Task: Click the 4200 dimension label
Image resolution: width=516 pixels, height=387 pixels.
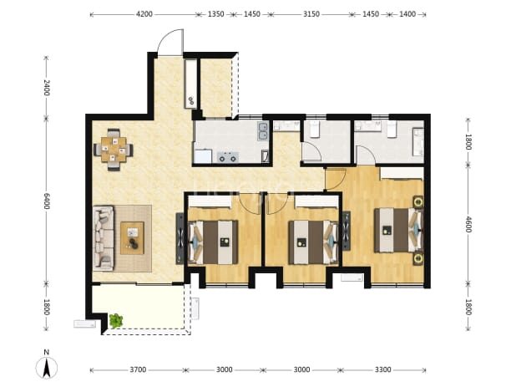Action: [144, 14]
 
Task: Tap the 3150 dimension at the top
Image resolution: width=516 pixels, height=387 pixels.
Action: [311, 14]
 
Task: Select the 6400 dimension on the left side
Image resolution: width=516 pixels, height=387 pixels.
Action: [47, 201]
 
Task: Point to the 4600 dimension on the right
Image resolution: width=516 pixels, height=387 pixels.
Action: [468, 224]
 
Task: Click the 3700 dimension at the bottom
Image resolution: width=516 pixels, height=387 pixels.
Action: [138, 369]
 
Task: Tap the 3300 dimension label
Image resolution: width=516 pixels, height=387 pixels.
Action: [382, 369]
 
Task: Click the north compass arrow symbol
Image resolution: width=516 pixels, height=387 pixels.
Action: [47, 367]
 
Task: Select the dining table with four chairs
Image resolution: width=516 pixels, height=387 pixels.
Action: [114, 150]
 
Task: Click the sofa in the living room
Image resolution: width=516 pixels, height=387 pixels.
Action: [104, 238]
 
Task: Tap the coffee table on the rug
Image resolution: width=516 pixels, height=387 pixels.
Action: [132, 238]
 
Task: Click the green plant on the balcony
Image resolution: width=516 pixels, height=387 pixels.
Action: [116, 321]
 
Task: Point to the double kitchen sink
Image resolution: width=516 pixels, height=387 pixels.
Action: [263, 131]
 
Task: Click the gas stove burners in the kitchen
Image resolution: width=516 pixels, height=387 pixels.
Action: [228, 157]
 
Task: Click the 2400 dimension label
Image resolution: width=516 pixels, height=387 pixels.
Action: [47, 88]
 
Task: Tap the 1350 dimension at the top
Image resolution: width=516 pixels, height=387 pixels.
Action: [216, 14]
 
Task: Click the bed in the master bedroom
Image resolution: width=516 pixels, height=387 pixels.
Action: [399, 230]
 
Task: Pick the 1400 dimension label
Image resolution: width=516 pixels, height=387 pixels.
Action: [407, 14]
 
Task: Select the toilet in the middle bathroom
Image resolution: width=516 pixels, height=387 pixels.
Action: [315, 129]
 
